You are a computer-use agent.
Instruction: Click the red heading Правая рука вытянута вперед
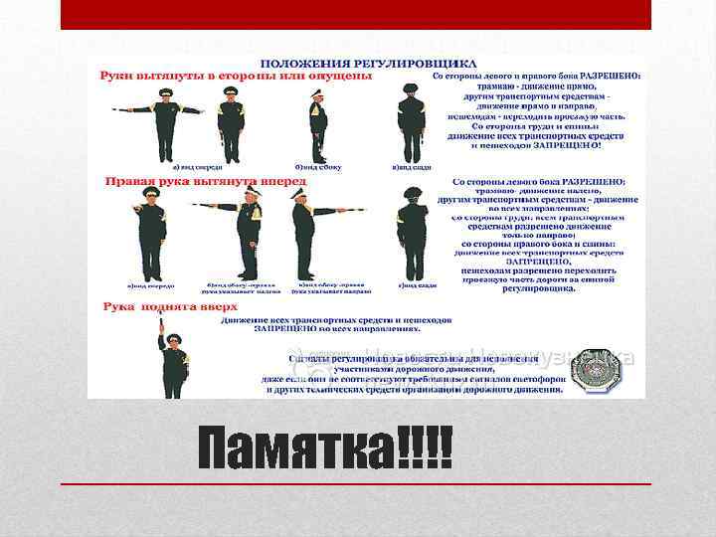[189, 181]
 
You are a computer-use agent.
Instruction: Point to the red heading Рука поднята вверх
[157, 307]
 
